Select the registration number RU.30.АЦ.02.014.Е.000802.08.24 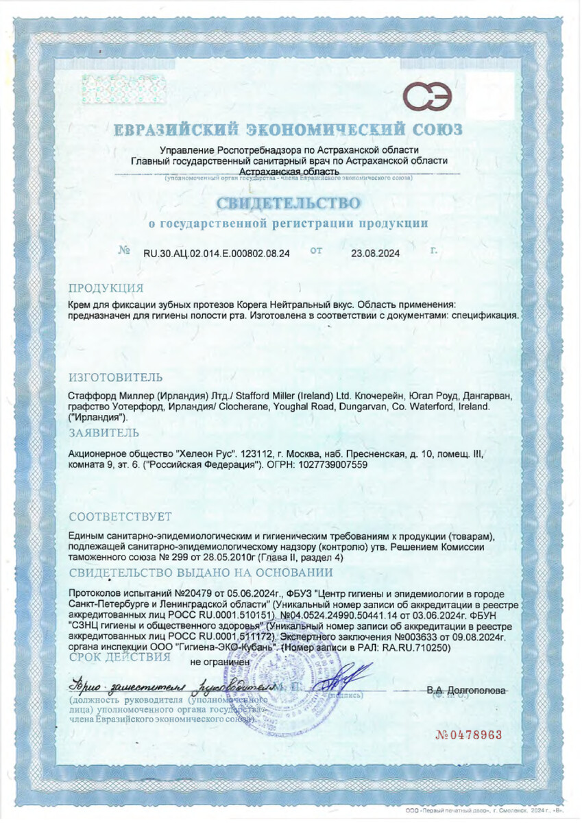(216, 253)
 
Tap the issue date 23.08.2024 (375, 253)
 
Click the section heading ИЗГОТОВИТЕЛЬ (116, 377)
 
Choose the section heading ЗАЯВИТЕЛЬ (104, 432)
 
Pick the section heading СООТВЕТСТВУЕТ (121, 516)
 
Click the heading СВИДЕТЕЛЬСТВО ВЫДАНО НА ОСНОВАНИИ (201, 572)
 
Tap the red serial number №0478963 (469, 735)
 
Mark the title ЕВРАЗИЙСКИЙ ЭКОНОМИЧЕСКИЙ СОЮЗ (288, 130)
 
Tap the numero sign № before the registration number (124, 252)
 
